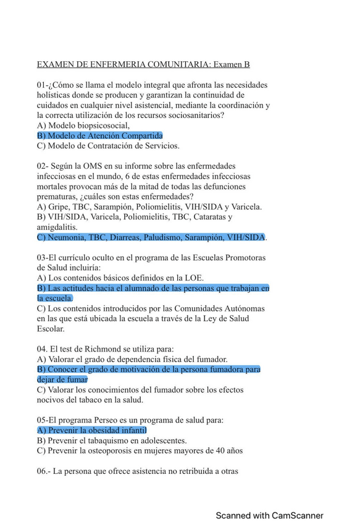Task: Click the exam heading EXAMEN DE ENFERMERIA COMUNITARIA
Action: [123, 64]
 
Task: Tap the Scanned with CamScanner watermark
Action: [269, 515]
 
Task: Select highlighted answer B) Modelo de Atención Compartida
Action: [100, 135]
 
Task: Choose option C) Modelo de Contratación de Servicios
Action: [109, 146]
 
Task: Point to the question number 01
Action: [42, 85]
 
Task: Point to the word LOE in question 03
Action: [193, 278]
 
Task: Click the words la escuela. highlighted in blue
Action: [55, 298]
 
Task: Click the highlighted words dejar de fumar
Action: [62, 379]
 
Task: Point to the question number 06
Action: [43, 471]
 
